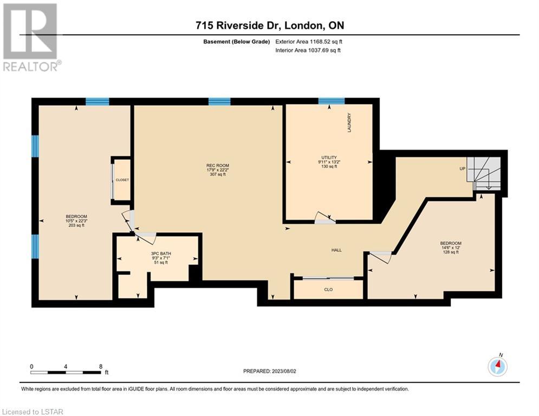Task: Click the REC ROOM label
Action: click(218, 165)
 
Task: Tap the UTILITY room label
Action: click(329, 158)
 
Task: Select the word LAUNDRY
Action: click(349, 123)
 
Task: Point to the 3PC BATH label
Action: click(161, 253)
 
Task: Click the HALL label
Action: click(336, 250)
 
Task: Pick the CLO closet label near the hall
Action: click(328, 289)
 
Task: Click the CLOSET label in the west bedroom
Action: click(122, 180)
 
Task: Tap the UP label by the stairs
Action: click(462, 169)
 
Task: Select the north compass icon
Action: click(497, 366)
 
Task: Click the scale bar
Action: click(66, 372)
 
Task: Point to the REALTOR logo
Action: click(31, 37)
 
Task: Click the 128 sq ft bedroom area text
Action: click(451, 252)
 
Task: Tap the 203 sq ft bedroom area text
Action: click(76, 225)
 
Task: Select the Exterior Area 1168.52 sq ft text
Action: click(309, 42)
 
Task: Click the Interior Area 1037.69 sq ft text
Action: click(308, 50)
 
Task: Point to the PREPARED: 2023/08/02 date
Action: click(270, 371)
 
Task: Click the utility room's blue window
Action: click(332, 101)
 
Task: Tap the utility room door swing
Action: click(325, 218)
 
